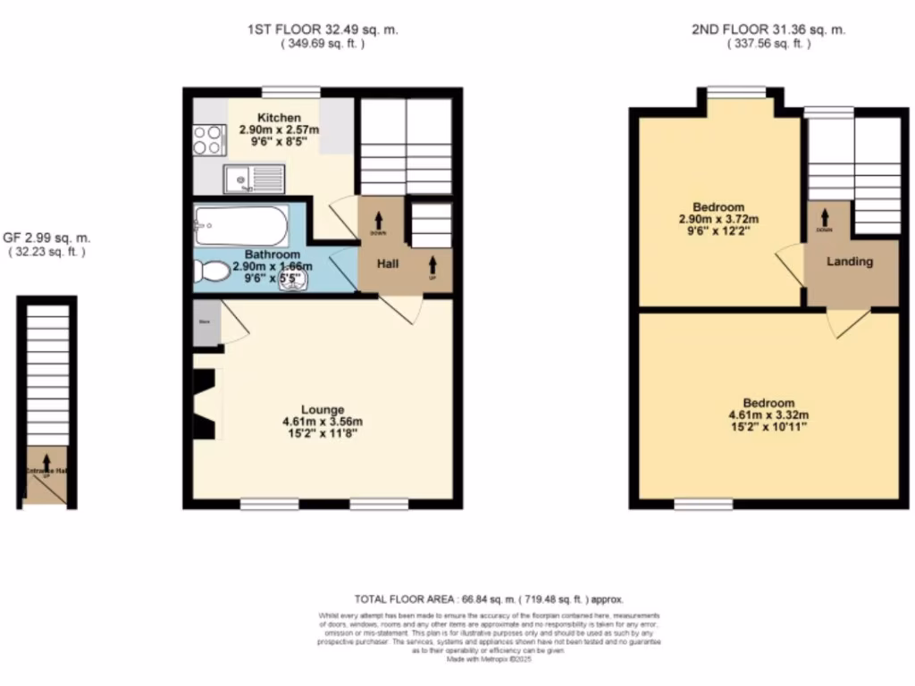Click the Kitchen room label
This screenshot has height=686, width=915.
(x=279, y=118)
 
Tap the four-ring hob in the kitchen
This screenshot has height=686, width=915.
(x=207, y=138)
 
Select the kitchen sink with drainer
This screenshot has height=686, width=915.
(x=255, y=180)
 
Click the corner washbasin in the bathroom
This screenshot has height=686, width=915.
(x=295, y=280)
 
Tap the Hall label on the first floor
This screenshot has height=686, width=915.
(x=387, y=264)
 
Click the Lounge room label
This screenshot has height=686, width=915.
(x=323, y=410)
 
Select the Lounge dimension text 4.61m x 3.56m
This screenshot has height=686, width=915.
(x=323, y=422)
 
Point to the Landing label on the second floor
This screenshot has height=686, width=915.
(x=849, y=262)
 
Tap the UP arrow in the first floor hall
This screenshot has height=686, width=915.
(x=433, y=264)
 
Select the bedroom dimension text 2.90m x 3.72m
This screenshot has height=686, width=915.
(x=723, y=219)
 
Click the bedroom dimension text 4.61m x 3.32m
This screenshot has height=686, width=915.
(x=768, y=414)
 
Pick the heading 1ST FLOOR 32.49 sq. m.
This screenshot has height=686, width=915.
(x=323, y=29)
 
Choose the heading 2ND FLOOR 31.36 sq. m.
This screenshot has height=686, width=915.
(x=768, y=29)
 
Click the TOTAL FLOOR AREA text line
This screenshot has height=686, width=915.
(x=488, y=600)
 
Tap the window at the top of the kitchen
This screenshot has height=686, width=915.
(x=291, y=90)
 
